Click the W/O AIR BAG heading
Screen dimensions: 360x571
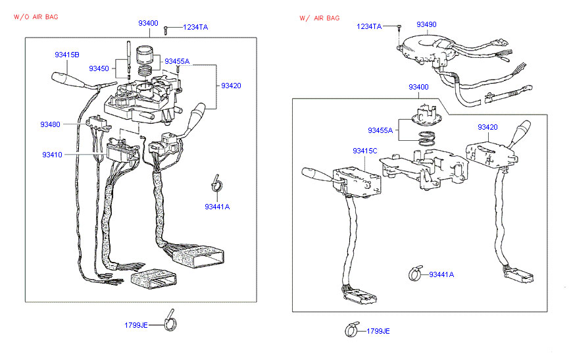[x=36, y=16]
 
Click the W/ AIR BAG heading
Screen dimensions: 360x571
[x=319, y=18]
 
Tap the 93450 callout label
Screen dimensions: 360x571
[x=99, y=68]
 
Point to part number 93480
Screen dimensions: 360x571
[x=50, y=124]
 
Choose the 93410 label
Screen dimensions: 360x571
[x=52, y=155]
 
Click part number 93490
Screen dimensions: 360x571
[x=426, y=24]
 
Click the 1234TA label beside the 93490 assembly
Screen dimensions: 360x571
[x=369, y=26]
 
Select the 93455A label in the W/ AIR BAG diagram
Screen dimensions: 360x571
[x=380, y=130]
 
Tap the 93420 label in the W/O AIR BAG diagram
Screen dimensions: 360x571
[x=231, y=86]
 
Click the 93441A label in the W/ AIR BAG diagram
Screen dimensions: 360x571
[x=441, y=274]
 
